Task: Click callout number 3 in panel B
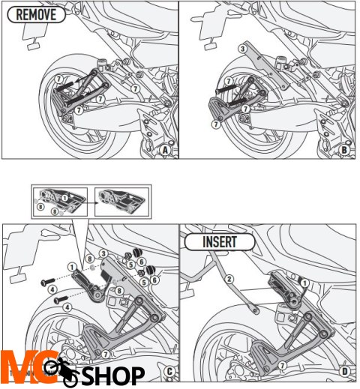coord(242,49)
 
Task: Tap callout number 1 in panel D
coord(304,281)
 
